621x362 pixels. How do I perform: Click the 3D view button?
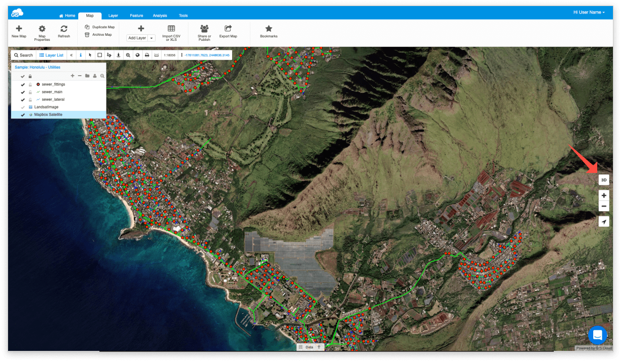tap(603, 179)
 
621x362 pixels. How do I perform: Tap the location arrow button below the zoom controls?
tap(603, 221)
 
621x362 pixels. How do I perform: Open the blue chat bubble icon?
tap(597, 335)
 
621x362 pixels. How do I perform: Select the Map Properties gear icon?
tap(42, 29)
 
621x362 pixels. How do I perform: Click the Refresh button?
tap(64, 29)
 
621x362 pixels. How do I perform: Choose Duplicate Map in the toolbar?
tap(100, 27)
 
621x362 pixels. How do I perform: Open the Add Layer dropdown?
tap(141, 38)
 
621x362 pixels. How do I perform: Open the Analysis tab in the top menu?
tap(160, 16)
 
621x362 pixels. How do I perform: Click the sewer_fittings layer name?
tap(53, 84)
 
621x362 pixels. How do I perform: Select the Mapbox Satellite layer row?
tap(48, 115)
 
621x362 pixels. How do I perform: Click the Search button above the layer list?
tap(23, 55)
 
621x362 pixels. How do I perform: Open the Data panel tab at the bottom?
tap(309, 347)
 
